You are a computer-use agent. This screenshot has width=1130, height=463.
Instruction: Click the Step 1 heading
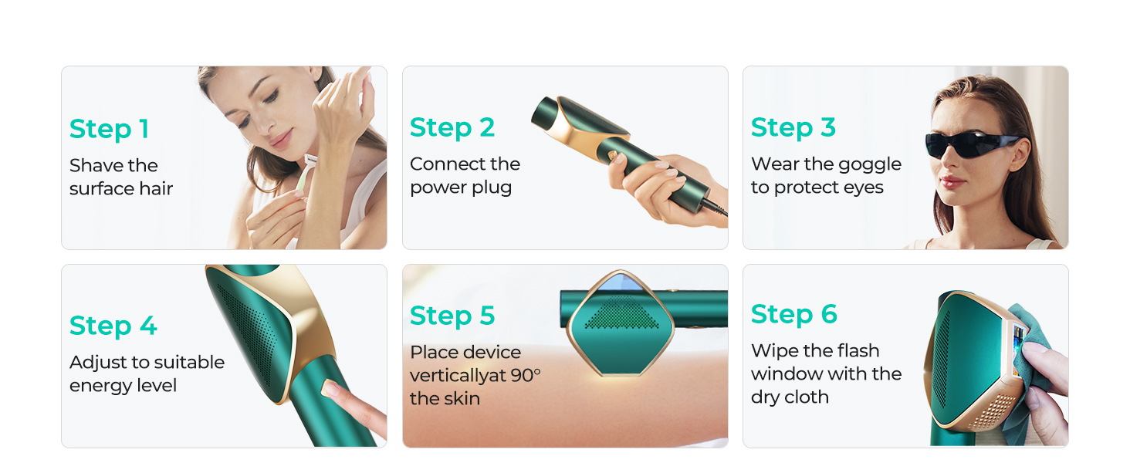109,129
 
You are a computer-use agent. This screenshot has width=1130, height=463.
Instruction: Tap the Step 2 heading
452,127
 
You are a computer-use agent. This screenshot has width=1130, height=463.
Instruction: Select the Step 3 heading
793,127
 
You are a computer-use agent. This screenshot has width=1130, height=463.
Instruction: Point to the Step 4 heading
113,326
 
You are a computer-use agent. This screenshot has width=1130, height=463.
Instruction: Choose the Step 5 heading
452,316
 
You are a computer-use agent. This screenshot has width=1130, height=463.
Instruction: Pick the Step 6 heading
793,314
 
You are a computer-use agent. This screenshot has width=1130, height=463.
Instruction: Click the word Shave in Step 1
91,165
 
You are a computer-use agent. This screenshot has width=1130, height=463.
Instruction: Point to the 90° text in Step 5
526,376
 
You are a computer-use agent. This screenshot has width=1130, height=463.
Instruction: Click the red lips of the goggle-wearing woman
952,182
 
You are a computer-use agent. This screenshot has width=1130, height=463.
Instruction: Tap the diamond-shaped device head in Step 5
620,323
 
